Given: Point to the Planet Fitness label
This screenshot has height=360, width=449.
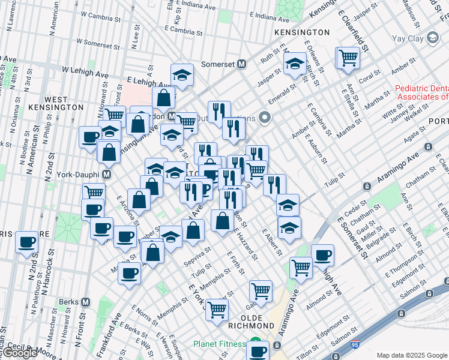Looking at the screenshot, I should click(219, 344).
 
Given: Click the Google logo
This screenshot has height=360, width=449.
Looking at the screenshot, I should click(20, 353).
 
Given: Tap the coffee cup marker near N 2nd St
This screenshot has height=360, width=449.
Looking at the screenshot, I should click(26, 242).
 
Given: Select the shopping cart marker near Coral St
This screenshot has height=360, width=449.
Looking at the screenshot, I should click(347, 58).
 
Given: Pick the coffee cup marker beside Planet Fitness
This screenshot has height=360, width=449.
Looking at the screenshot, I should click(259, 350).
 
